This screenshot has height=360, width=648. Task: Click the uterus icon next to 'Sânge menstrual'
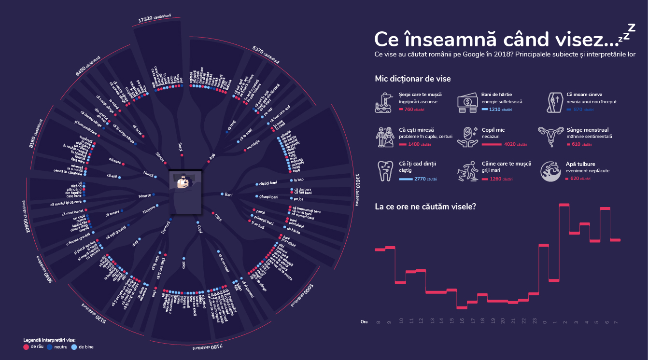[550, 137]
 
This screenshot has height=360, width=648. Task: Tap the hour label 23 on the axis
[534, 321]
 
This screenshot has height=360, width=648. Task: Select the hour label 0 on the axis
[544, 321]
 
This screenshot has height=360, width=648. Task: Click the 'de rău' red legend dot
[26, 346]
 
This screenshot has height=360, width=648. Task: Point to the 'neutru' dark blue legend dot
[50, 346]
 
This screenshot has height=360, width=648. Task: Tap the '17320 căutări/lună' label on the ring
[155, 18]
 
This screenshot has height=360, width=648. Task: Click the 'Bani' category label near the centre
[229, 194]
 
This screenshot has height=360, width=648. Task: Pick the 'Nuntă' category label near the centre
[149, 173]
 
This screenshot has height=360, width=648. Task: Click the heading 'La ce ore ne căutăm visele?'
[425, 207]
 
